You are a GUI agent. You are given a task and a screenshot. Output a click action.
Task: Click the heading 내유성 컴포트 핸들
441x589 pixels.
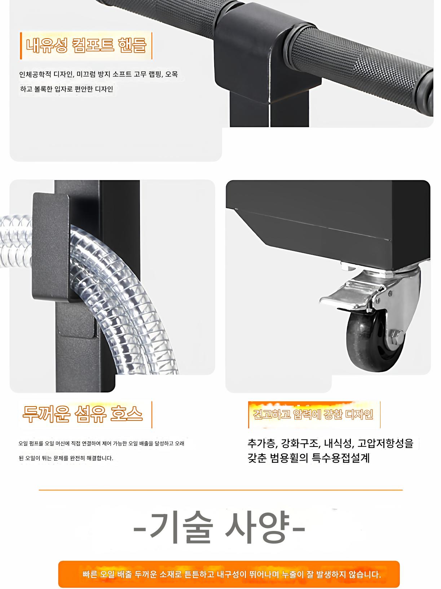tap(86, 45)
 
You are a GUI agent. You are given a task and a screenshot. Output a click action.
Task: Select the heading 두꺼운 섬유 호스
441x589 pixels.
tap(82, 414)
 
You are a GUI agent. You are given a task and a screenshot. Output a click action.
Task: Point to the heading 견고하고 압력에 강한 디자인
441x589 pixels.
tap(313, 414)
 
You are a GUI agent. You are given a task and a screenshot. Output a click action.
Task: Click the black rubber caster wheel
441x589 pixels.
tap(374, 340)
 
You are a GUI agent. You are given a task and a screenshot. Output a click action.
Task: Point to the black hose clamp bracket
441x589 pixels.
tap(51, 246)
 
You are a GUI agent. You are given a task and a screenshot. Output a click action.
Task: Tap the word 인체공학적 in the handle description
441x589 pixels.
tap(35, 74)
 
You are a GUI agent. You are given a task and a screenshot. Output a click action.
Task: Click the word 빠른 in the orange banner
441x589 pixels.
tap(90, 574)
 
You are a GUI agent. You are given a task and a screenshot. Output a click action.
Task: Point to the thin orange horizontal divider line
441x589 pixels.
tap(221, 490)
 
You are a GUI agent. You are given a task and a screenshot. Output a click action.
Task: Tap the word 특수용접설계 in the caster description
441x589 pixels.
tap(341, 458)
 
